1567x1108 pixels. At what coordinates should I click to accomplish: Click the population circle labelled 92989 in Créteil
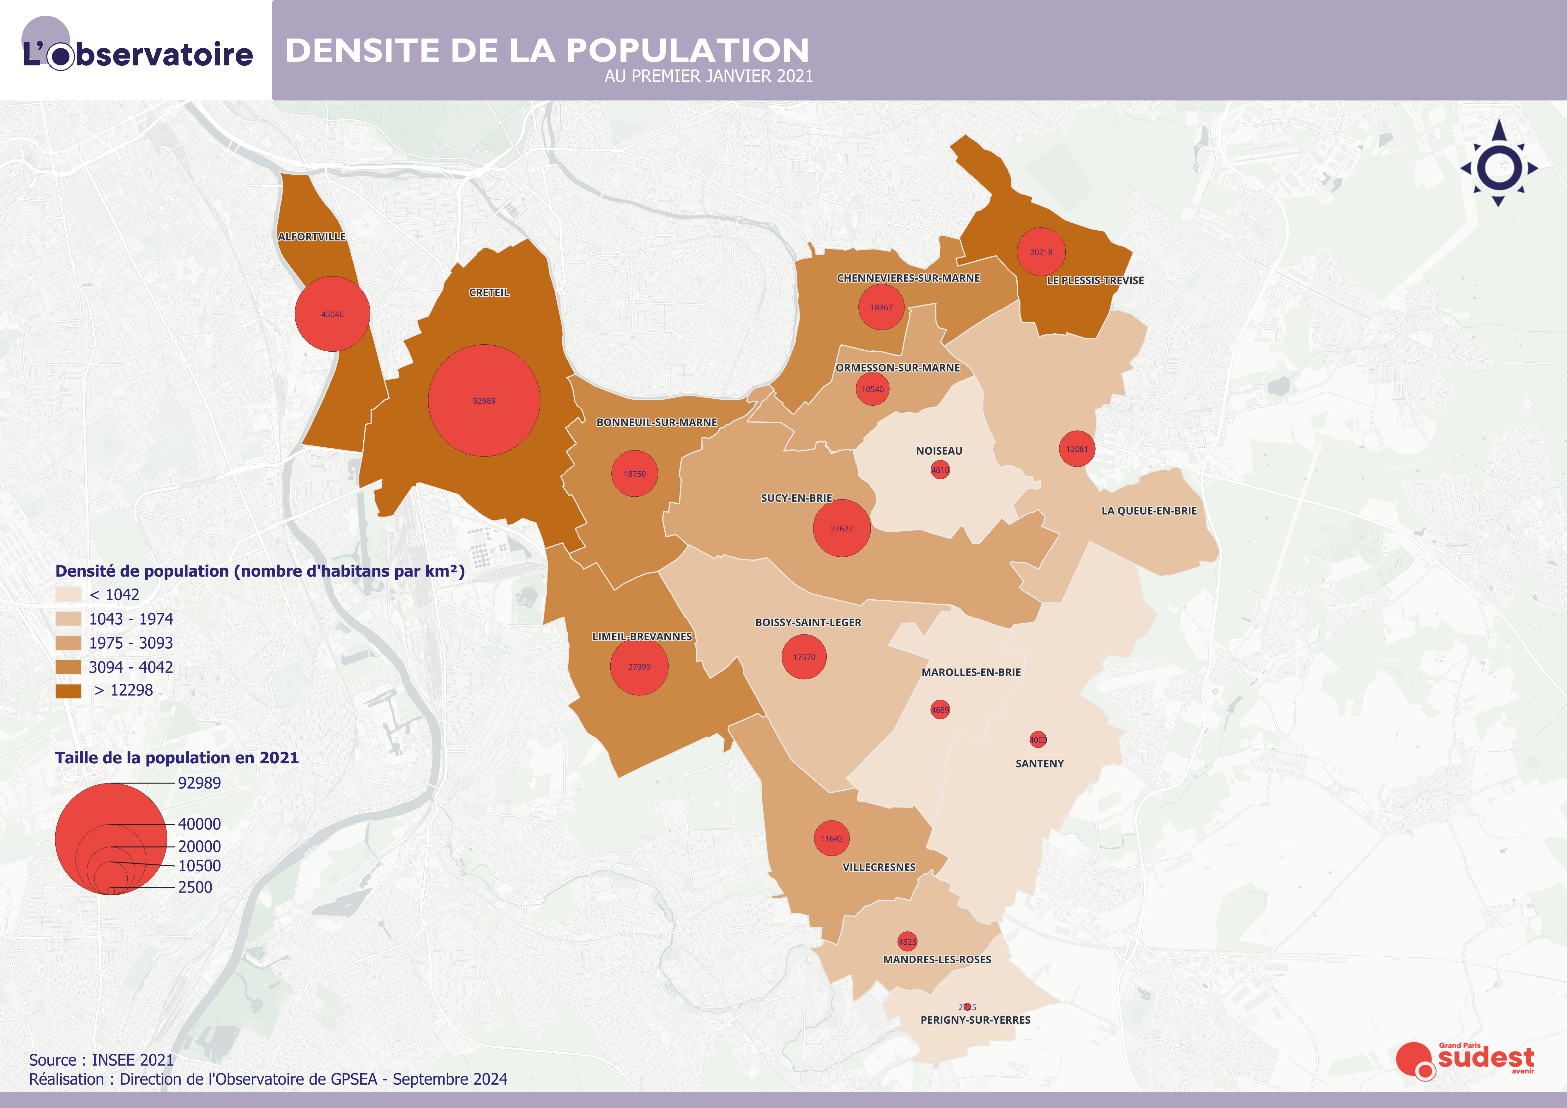coord(484,401)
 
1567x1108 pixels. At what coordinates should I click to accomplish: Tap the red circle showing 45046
coord(332,314)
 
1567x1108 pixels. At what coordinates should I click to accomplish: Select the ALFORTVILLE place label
coord(312,237)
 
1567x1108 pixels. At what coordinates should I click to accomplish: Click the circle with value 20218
coord(1041,252)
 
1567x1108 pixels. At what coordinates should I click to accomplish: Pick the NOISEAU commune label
coord(939,451)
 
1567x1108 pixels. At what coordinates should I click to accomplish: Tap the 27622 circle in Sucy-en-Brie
coord(842,528)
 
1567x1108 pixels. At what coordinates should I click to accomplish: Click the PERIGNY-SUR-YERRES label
coord(975,1020)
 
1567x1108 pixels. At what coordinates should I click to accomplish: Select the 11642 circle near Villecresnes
coord(831,838)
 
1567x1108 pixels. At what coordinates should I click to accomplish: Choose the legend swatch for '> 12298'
coord(68,691)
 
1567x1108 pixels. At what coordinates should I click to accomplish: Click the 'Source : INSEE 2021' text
coord(101,1060)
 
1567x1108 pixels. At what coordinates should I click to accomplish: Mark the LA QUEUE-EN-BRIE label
coord(1149,511)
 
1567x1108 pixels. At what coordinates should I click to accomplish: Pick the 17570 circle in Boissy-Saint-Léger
coord(804,657)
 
